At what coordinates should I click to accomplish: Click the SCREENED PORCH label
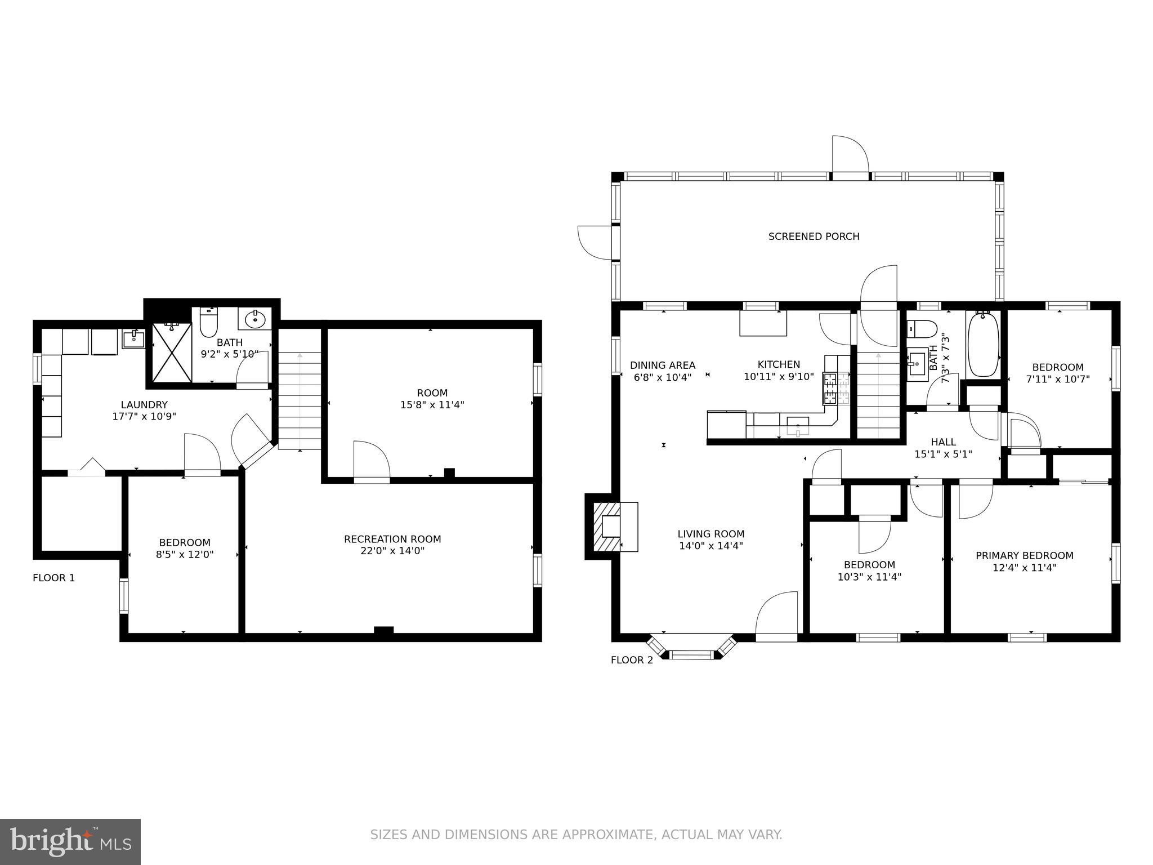coord(814,237)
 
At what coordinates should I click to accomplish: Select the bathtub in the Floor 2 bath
coord(982,345)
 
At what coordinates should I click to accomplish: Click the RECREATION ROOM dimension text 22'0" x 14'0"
coord(392,551)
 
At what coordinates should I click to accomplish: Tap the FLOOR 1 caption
coord(53,578)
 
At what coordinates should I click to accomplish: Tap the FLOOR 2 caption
coord(632,660)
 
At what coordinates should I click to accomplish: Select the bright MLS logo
coord(70,841)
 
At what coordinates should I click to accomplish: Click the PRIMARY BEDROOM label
coord(1024,556)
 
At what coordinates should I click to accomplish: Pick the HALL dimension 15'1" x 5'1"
coord(943,454)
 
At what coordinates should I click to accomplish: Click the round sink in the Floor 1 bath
coord(256,319)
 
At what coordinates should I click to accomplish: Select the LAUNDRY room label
coord(144,405)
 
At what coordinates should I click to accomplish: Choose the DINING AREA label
coord(662,365)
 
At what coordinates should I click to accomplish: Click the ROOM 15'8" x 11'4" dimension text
coord(432,405)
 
